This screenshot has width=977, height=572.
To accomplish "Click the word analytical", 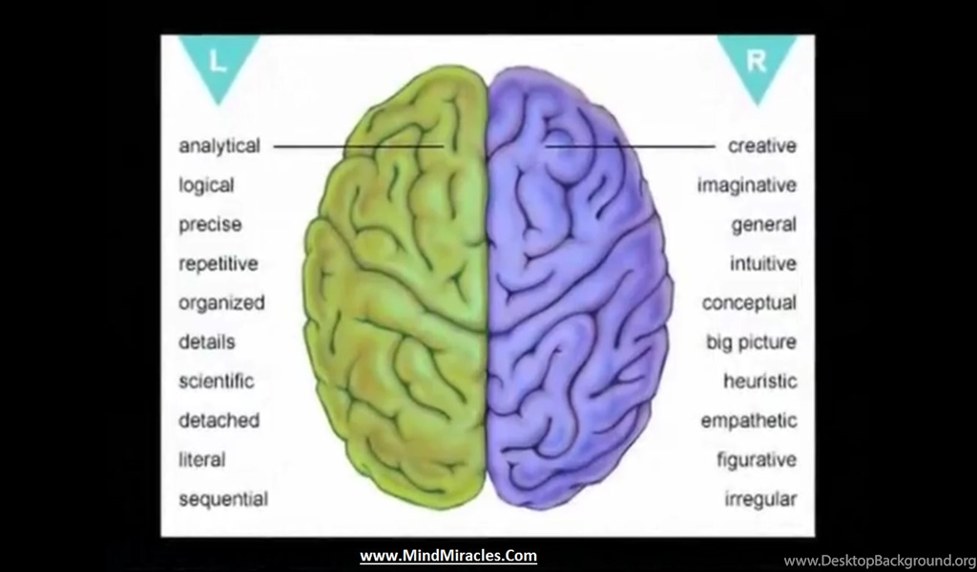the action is [219, 146].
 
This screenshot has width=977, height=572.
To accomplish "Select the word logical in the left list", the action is [206, 186].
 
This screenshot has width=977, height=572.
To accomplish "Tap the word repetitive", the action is [218, 264].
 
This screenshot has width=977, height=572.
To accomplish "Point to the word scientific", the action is [217, 381].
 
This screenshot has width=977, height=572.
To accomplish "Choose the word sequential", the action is [223, 500].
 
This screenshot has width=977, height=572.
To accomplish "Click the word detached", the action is [218, 420].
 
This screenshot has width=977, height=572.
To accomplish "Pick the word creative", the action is [762, 146].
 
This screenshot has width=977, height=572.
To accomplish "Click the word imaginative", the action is [746, 186].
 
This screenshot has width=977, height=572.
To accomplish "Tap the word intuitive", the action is [763, 264].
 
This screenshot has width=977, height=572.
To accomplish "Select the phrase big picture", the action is [751, 342].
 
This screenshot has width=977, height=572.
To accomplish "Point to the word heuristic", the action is [760, 381].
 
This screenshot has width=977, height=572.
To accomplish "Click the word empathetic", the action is [749, 420].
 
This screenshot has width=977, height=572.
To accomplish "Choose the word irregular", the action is [760, 500].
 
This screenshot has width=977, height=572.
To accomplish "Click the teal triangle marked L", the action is [218, 62].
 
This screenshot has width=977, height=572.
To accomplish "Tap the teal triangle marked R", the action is [757, 62].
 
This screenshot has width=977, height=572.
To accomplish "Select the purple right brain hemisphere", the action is [578, 286].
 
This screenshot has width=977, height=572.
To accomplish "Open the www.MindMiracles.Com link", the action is [448, 556].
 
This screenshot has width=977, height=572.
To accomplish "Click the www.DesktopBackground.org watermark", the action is [880, 561].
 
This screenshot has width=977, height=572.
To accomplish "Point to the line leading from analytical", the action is [359, 147].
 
